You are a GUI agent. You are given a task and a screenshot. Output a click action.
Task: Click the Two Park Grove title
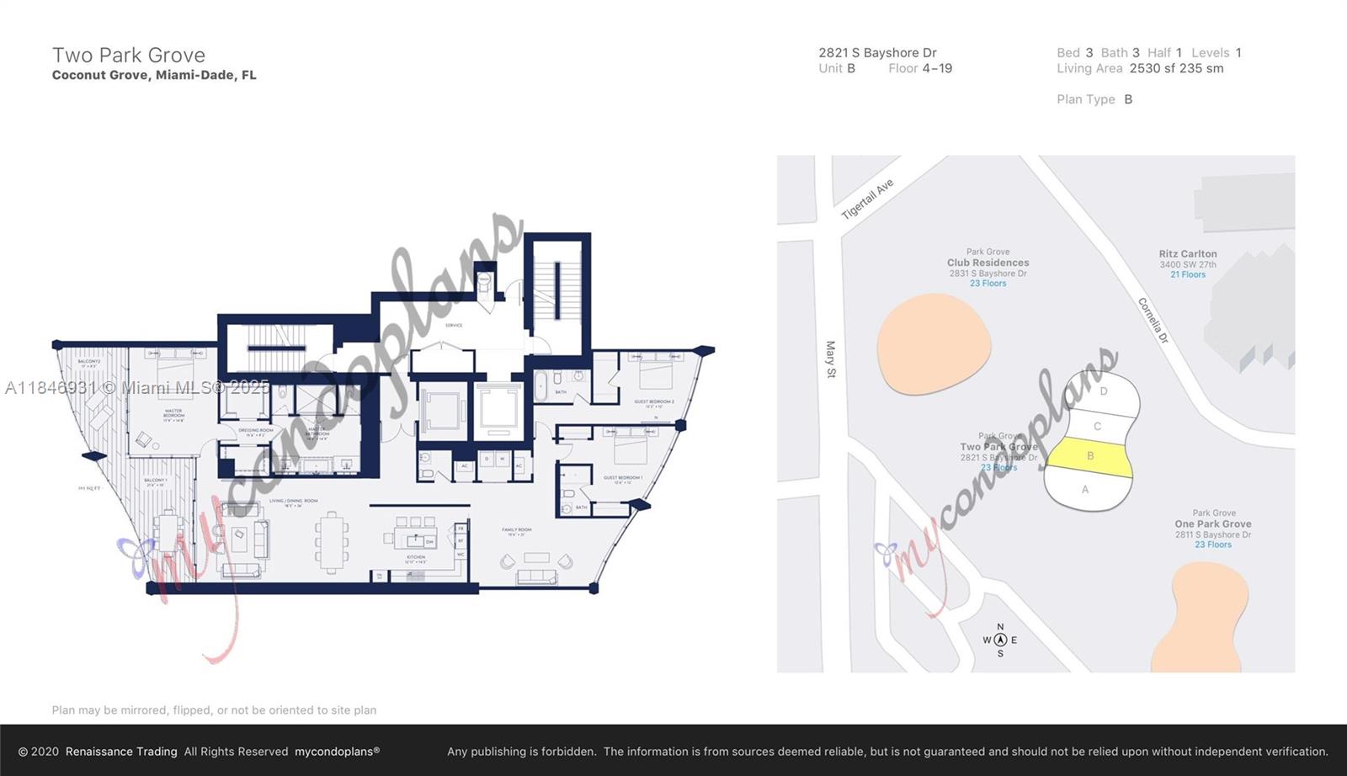pyautogui.click(x=129, y=56)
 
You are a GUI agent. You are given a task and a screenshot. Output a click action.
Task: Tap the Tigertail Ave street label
pyautogui.click(x=867, y=199)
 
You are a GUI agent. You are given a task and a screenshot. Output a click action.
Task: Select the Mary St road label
pyautogui.click(x=831, y=359)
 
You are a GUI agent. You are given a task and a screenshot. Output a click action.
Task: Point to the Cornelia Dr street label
pyautogui.click(x=1153, y=320)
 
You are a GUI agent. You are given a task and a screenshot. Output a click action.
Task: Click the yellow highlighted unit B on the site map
pyautogui.click(x=1089, y=457)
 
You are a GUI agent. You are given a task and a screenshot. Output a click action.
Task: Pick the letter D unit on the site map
pyautogui.click(x=1103, y=391)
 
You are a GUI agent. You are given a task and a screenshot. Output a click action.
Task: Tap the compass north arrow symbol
pyautogui.click(x=1000, y=640)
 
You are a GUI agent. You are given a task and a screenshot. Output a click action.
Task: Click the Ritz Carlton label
pyautogui.click(x=1187, y=254)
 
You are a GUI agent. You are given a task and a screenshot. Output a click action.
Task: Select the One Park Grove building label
pyautogui.click(x=1212, y=524)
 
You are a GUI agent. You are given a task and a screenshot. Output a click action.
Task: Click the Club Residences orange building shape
pyautogui.click(x=933, y=345)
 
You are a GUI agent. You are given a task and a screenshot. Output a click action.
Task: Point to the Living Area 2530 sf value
pyautogui.click(x=1176, y=69)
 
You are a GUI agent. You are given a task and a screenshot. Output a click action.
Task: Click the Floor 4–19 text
pyautogui.click(x=920, y=69)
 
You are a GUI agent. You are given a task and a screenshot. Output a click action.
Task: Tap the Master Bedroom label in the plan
pyautogui.click(x=173, y=413)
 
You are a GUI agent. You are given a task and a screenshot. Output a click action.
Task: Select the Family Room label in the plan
pyautogui.click(x=516, y=531)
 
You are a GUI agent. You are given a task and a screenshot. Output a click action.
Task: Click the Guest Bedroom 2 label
pyautogui.click(x=653, y=402)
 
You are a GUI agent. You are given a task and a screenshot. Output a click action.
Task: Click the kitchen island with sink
pyautogui.click(x=415, y=541)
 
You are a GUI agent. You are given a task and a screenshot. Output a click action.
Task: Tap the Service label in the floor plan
pyautogui.click(x=454, y=325)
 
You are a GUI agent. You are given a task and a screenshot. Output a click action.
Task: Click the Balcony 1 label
pyautogui.click(x=156, y=481)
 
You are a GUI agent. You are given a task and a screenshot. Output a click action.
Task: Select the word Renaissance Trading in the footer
pyautogui.click(x=121, y=752)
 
